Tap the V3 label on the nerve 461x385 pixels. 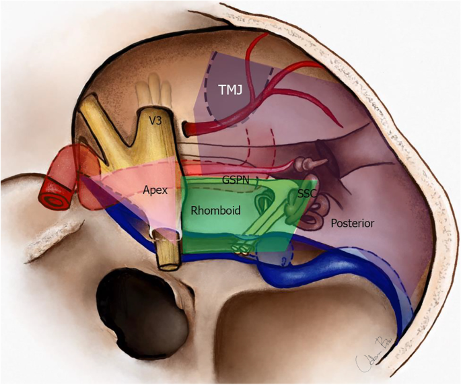pos(157,122)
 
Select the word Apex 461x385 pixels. pos(154,190)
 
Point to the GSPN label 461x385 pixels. pos(236,180)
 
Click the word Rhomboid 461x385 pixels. pos(216,211)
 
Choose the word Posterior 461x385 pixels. pos(351,223)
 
